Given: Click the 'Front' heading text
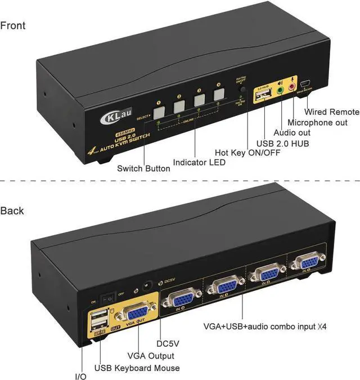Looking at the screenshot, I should pyautogui.click(x=13, y=25).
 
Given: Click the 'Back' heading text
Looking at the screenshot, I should pyautogui.click(x=12, y=211).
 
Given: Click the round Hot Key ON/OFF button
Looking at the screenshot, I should pyautogui.click(x=242, y=90).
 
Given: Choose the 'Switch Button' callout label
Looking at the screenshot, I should pyautogui.click(x=143, y=168).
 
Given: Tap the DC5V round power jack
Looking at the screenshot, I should pyautogui.click(x=150, y=286).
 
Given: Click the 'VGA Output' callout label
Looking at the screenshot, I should pyautogui.click(x=150, y=356).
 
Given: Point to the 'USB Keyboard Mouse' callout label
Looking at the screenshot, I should pyautogui.click(x=137, y=368).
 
